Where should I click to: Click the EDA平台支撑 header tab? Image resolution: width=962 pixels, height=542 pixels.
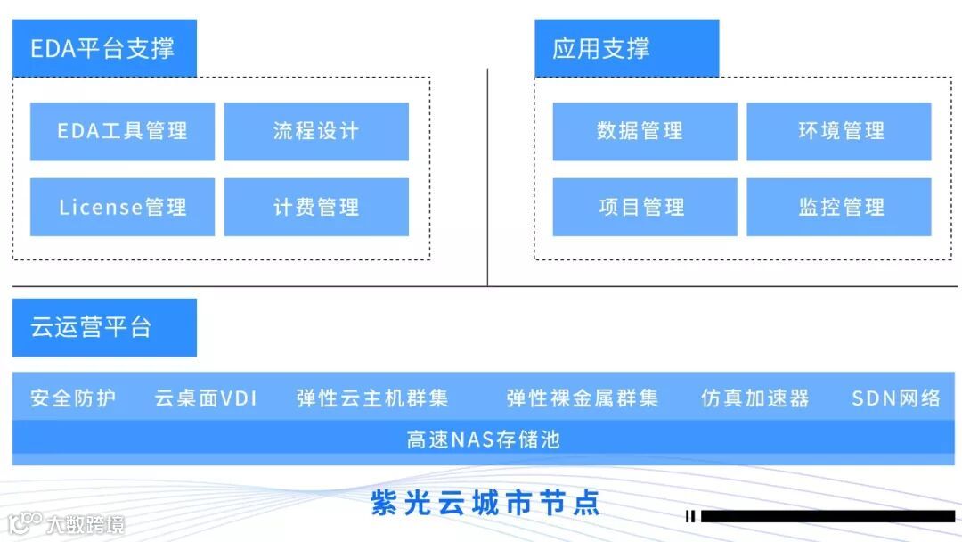pos(104,48)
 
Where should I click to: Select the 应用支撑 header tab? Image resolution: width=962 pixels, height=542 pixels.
pos(626,48)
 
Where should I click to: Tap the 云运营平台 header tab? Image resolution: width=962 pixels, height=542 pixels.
pos(104,327)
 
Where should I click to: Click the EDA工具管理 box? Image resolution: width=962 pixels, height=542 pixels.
pos(122,132)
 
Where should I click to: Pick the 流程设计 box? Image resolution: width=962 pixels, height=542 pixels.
pos(316,132)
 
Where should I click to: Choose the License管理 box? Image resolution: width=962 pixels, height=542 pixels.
pos(122,207)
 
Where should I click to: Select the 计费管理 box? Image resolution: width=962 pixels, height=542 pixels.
pos(316,207)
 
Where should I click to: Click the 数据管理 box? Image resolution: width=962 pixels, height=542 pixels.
pos(645,132)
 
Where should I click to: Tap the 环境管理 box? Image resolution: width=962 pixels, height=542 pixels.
pos(839,132)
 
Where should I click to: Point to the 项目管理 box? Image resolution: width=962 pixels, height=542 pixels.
pos(645,207)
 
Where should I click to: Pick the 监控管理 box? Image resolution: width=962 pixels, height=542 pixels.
pos(839,207)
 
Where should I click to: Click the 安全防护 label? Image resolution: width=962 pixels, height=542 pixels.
pos(73,398)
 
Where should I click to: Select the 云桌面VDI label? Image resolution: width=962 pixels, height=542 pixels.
pos(206,398)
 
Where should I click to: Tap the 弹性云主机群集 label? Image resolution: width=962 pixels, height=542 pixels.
pos(372,398)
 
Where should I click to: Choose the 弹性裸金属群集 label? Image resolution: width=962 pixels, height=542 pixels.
pos(583,398)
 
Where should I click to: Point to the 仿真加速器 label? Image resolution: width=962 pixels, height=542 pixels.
pos(755,398)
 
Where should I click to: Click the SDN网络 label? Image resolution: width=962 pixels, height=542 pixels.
pos(896,398)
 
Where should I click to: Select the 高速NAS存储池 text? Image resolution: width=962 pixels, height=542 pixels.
pos(484,439)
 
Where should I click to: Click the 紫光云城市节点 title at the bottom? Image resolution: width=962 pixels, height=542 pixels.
pos(485,503)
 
